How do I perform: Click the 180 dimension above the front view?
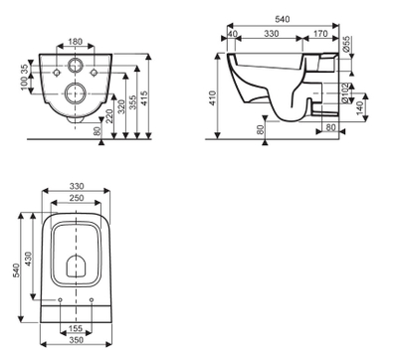[x=76, y=42]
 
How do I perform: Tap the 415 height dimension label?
[x=143, y=98]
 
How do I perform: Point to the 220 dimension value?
[x=109, y=115]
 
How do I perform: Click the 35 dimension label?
[x=24, y=69]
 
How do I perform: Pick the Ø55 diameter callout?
[x=346, y=44]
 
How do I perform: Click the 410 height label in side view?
[x=213, y=98]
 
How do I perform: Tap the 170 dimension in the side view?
[x=320, y=34]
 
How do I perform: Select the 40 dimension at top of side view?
[x=233, y=34]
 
